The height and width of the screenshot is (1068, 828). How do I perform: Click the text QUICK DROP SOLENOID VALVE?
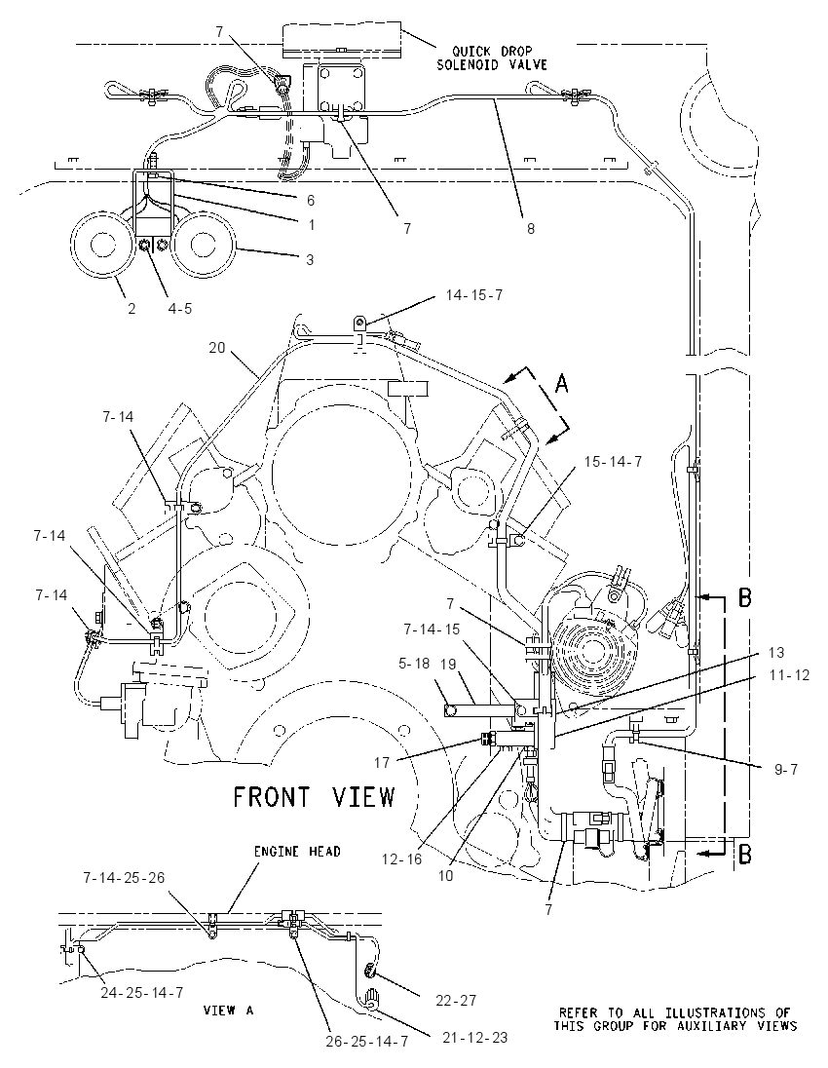[491, 57]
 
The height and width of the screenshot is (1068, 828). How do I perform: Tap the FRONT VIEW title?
[314, 797]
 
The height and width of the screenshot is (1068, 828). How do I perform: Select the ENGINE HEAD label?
[297, 852]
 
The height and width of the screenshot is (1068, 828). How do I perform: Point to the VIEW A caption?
[228, 1011]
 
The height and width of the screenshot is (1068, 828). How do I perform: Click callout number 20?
[216, 347]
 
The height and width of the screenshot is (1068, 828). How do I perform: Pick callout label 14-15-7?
[474, 295]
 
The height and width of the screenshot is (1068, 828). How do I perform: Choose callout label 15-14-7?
[613, 461]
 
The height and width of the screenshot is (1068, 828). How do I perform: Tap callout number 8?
[531, 229]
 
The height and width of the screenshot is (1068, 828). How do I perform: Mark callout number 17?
[381, 762]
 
